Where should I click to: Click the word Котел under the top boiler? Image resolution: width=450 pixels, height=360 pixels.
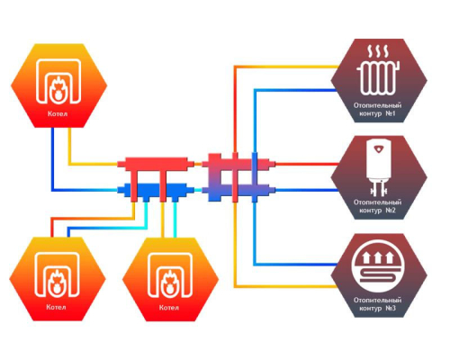[x=58, y=113]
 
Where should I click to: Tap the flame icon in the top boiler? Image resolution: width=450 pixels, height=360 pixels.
[x=58, y=89]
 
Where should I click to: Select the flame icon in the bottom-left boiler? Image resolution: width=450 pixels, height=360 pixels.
[x=57, y=283]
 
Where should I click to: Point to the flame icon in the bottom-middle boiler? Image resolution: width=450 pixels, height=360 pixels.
[x=170, y=283]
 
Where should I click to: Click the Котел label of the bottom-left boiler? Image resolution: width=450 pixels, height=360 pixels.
[x=56, y=307]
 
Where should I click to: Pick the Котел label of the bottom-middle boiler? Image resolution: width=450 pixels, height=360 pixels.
[x=169, y=308]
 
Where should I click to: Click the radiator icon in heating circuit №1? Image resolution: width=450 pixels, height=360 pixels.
[x=378, y=78]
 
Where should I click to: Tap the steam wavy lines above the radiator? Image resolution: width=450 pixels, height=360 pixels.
[x=378, y=51]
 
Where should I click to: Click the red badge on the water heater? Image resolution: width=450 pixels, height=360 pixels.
[x=379, y=148]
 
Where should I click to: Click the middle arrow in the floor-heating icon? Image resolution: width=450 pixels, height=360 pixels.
[x=378, y=257]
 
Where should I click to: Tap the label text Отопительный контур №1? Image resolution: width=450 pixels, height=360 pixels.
[x=377, y=110]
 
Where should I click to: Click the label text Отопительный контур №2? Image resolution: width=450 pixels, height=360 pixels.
[x=377, y=206]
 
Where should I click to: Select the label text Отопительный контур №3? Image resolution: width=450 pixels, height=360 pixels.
[x=377, y=304]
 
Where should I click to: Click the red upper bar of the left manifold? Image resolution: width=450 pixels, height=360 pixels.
[x=156, y=164]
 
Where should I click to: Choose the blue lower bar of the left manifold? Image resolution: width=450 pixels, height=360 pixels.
[x=156, y=190]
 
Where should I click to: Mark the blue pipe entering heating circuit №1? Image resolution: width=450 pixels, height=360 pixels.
[x=296, y=90]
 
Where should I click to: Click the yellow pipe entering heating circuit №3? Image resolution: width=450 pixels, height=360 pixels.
[x=286, y=286]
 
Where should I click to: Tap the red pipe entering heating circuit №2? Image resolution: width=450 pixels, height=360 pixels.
[x=307, y=164]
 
